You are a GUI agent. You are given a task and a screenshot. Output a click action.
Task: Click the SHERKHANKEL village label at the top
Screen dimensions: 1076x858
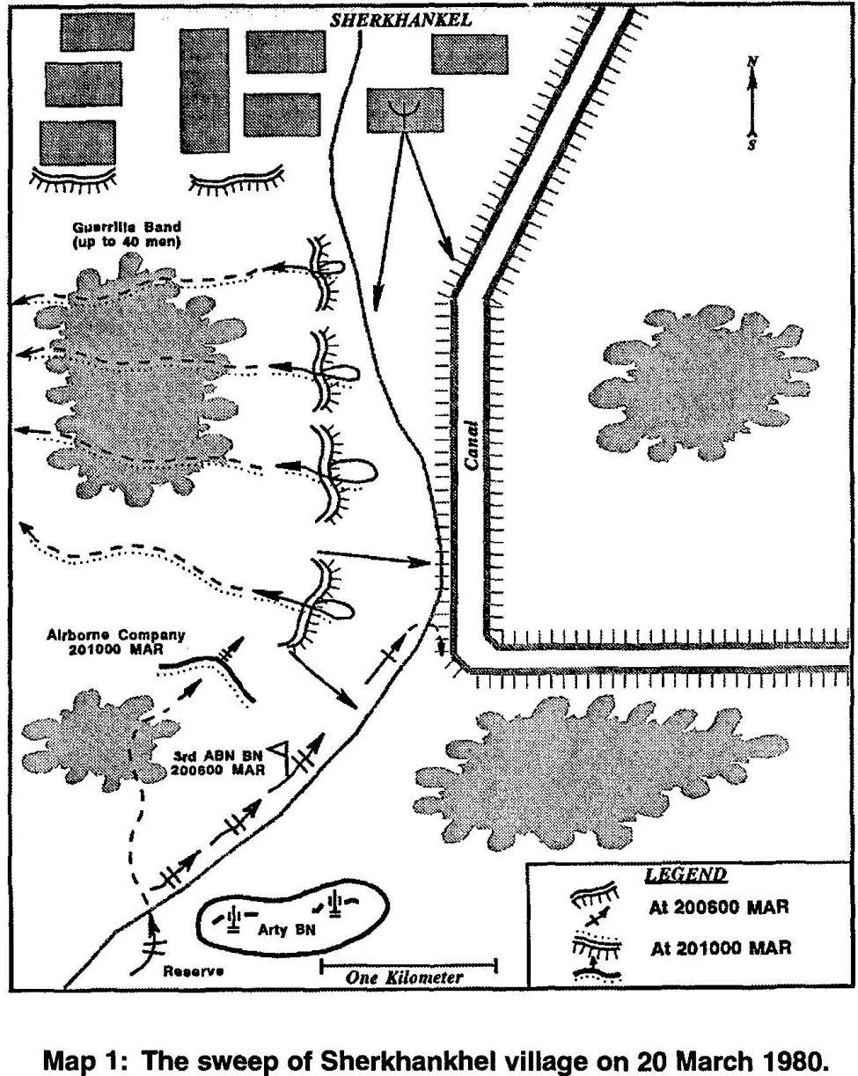[400, 19]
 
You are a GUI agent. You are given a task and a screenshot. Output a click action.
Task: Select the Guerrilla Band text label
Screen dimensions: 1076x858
[128, 233]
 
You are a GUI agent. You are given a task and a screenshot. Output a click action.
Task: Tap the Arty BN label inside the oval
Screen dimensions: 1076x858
[274, 929]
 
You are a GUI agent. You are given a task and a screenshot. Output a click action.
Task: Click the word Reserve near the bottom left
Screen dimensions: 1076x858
[194, 971]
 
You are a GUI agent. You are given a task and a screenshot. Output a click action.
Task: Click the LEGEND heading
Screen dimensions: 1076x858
[686, 875]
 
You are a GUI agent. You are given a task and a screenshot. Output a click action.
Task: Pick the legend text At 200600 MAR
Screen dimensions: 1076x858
[719, 908]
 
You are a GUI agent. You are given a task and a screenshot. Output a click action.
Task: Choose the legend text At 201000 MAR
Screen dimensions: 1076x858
[721, 948]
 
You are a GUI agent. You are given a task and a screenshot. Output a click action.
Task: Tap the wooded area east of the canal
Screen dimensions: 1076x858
[702, 382]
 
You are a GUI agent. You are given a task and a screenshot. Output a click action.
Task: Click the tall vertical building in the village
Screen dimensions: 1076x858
[203, 90]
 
